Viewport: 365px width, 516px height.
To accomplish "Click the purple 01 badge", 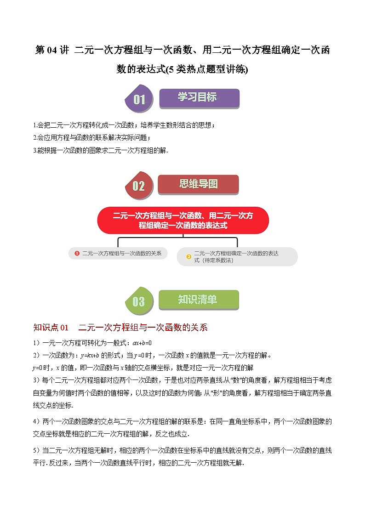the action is point(138,99).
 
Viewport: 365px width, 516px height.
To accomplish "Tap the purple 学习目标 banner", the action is point(199,98).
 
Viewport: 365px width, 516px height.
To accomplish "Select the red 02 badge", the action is point(138,186).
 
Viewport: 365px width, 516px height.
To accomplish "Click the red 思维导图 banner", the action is point(198,184).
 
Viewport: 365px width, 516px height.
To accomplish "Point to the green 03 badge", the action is point(138,301).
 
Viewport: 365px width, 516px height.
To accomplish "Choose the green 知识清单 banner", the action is point(198,300).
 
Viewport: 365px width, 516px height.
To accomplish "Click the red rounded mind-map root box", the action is point(182,221).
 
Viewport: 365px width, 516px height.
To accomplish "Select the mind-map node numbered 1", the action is point(118,253).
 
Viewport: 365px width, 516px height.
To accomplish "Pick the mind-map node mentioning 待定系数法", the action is point(237,257).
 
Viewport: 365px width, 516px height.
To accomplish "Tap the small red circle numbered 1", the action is point(77,253).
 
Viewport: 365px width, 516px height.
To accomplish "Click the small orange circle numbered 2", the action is point(188,257).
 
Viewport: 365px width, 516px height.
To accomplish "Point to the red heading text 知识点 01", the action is point(51,328).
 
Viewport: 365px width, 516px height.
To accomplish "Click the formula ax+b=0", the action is point(142,343).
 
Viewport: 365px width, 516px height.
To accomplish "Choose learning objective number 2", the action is point(92,137).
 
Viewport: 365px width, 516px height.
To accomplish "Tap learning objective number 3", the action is point(101,150).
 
